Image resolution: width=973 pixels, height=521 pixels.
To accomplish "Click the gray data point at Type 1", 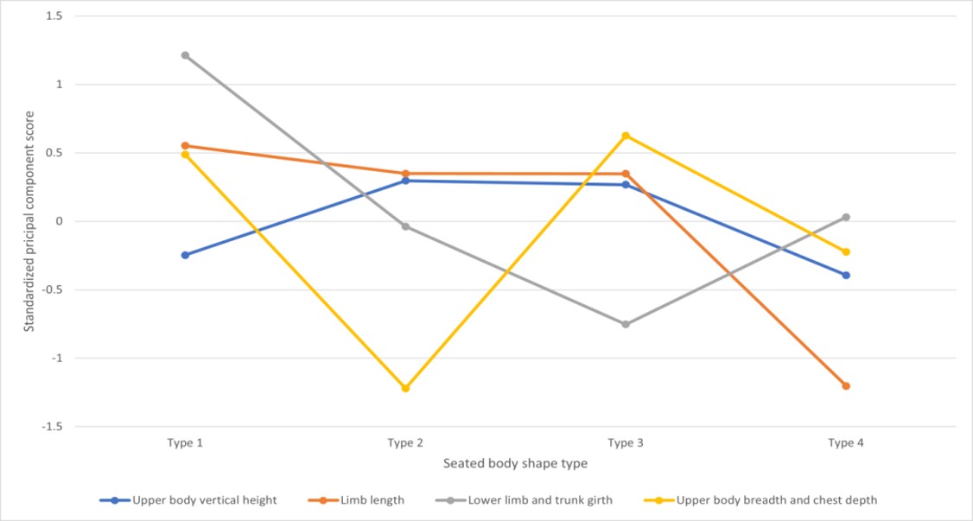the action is tap(185, 55).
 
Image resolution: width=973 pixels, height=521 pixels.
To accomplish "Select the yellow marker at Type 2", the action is tap(405, 388).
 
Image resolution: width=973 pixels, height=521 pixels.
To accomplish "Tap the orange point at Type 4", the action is tap(846, 386).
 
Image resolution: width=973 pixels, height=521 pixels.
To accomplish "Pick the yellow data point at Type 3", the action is tap(626, 136).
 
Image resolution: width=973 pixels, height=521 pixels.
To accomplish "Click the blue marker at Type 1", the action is tap(185, 255).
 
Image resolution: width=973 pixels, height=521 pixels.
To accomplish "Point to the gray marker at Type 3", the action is tap(626, 324).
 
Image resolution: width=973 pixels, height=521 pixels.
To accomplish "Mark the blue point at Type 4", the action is tap(846, 275).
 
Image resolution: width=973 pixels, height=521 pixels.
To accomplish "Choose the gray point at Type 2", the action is tap(405, 226).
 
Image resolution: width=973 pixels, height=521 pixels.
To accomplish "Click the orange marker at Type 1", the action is tap(185, 146).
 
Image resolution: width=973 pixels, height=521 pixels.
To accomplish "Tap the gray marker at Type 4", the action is tap(846, 217).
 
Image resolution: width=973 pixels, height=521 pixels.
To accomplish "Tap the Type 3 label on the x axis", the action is tap(626, 443).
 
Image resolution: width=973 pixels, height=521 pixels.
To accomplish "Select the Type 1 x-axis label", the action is tap(185, 443).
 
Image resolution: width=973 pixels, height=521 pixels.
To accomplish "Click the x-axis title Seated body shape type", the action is tap(515, 463).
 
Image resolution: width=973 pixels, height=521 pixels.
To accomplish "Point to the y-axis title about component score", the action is tap(29, 220).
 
